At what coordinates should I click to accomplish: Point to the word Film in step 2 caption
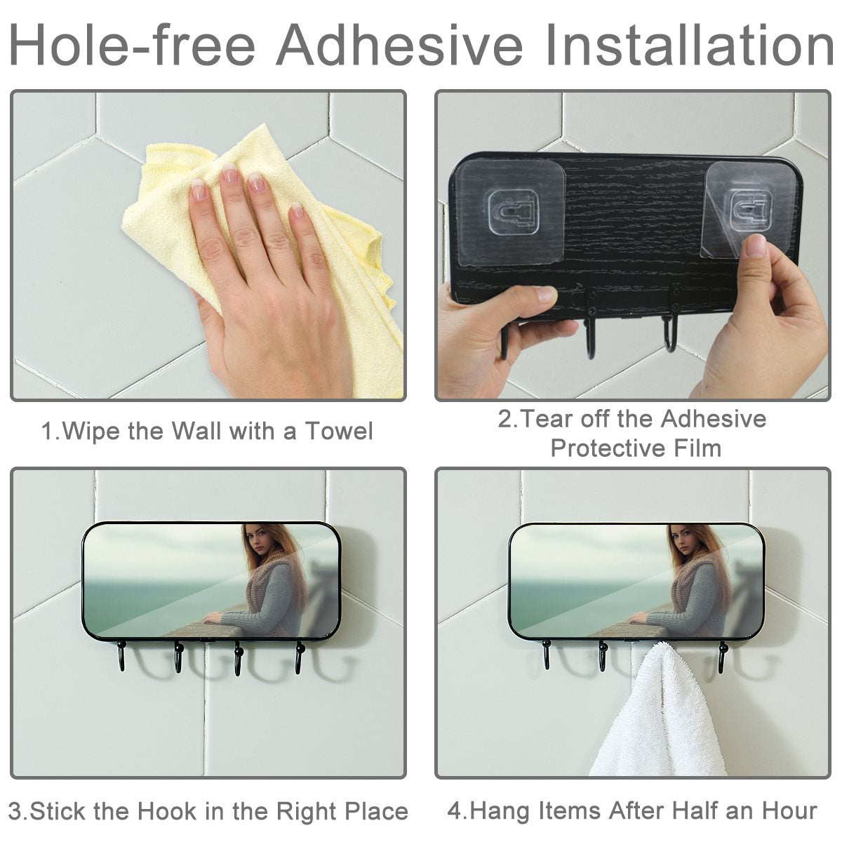click(x=698, y=448)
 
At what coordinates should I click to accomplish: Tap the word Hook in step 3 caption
click(x=167, y=811)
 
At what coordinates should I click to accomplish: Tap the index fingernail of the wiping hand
click(x=198, y=189)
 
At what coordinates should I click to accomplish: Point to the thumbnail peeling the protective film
click(x=756, y=246)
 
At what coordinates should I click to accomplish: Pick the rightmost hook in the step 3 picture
click(x=300, y=657)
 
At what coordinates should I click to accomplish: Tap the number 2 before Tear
click(x=504, y=419)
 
